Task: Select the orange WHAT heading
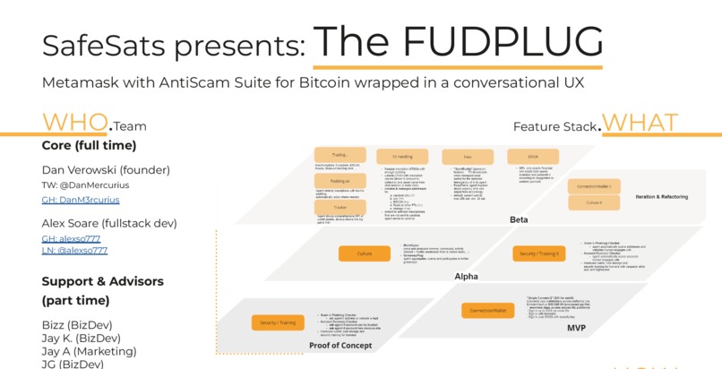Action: click(x=640, y=123)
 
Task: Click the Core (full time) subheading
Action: click(x=89, y=145)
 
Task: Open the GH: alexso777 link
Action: click(x=71, y=239)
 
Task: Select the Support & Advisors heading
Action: click(x=102, y=281)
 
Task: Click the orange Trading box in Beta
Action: click(x=340, y=155)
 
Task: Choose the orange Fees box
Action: click(x=468, y=156)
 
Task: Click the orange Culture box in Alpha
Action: click(x=365, y=253)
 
